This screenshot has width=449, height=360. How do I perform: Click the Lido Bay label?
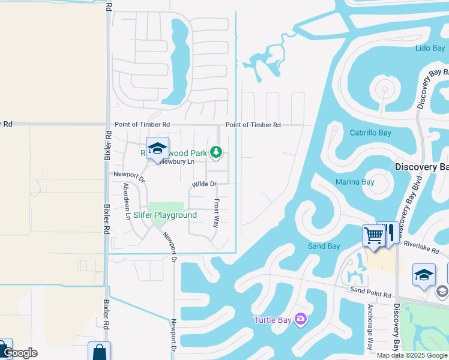click(x=430, y=48)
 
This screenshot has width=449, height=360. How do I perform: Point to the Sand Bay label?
click(x=324, y=246)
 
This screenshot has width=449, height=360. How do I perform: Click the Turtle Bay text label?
click(x=273, y=320)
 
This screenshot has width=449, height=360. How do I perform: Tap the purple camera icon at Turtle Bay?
click(x=301, y=319)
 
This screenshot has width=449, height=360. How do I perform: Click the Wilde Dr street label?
click(x=203, y=184)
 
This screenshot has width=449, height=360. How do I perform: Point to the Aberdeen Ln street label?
click(x=127, y=200)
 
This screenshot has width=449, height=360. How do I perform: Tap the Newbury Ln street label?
click(x=178, y=162)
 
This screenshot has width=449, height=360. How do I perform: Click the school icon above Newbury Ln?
click(x=157, y=148)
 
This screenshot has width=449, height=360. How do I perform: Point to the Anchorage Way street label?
click(x=370, y=327)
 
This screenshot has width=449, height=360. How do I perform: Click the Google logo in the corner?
click(x=20, y=353)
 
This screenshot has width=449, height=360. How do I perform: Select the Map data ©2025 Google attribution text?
click(x=411, y=355)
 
